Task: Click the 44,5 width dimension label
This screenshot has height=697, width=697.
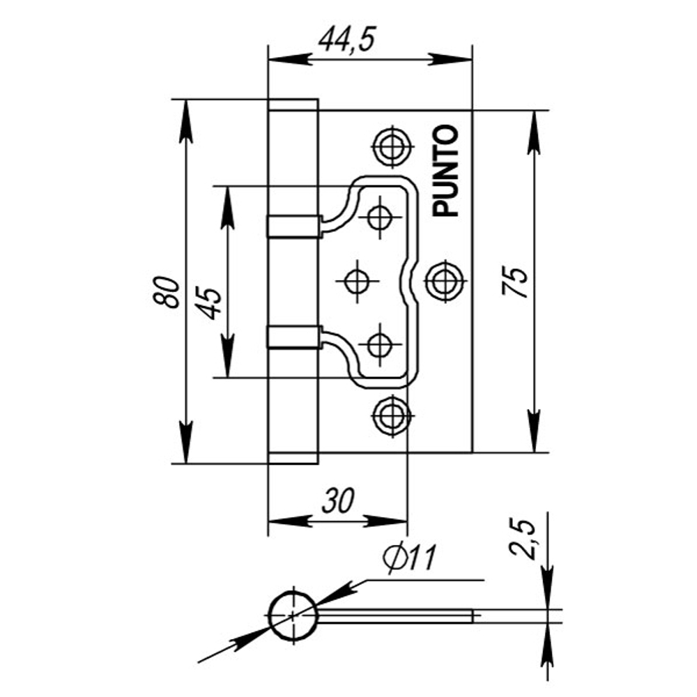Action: [346, 40]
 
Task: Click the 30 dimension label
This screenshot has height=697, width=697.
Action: [337, 500]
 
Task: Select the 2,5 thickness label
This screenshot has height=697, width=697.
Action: [524, 538]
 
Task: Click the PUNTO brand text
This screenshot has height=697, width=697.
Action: [446, 171]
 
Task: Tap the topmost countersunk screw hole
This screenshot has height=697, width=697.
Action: [391, 146]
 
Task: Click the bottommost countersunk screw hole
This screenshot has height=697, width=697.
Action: [391, 416]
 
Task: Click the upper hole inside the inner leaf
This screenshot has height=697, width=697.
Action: [379, 217]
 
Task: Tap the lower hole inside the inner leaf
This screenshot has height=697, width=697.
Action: [379, 345]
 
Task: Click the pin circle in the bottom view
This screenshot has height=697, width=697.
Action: [293, 615]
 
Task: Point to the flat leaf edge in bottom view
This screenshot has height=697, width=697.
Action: [397, 615]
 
